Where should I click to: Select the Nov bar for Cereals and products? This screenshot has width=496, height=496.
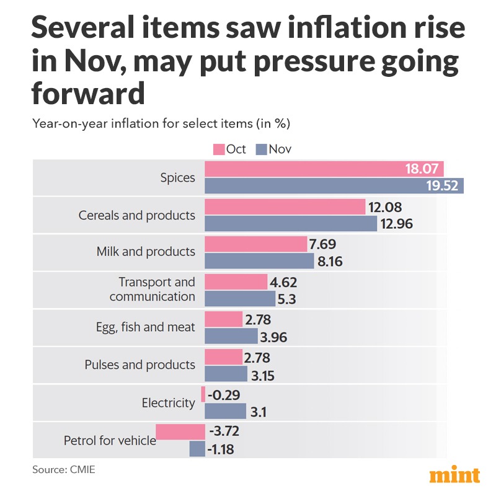coord(291,224)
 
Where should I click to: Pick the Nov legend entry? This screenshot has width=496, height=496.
coord(273,149)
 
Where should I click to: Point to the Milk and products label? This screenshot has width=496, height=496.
coord(146,252)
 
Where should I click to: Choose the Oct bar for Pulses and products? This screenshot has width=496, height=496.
coord(223,356)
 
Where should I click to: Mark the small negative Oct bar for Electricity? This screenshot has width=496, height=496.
coord(203,394)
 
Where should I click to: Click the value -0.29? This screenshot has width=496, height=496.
coord(224,394)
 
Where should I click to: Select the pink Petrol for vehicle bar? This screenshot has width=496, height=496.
coord(180,432)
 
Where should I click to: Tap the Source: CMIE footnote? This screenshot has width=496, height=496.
coord(64,471)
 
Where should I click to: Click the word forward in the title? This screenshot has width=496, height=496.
coord(87,94)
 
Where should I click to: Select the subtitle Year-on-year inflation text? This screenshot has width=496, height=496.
coord(161,123)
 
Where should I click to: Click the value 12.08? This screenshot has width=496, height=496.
coord(387,206)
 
